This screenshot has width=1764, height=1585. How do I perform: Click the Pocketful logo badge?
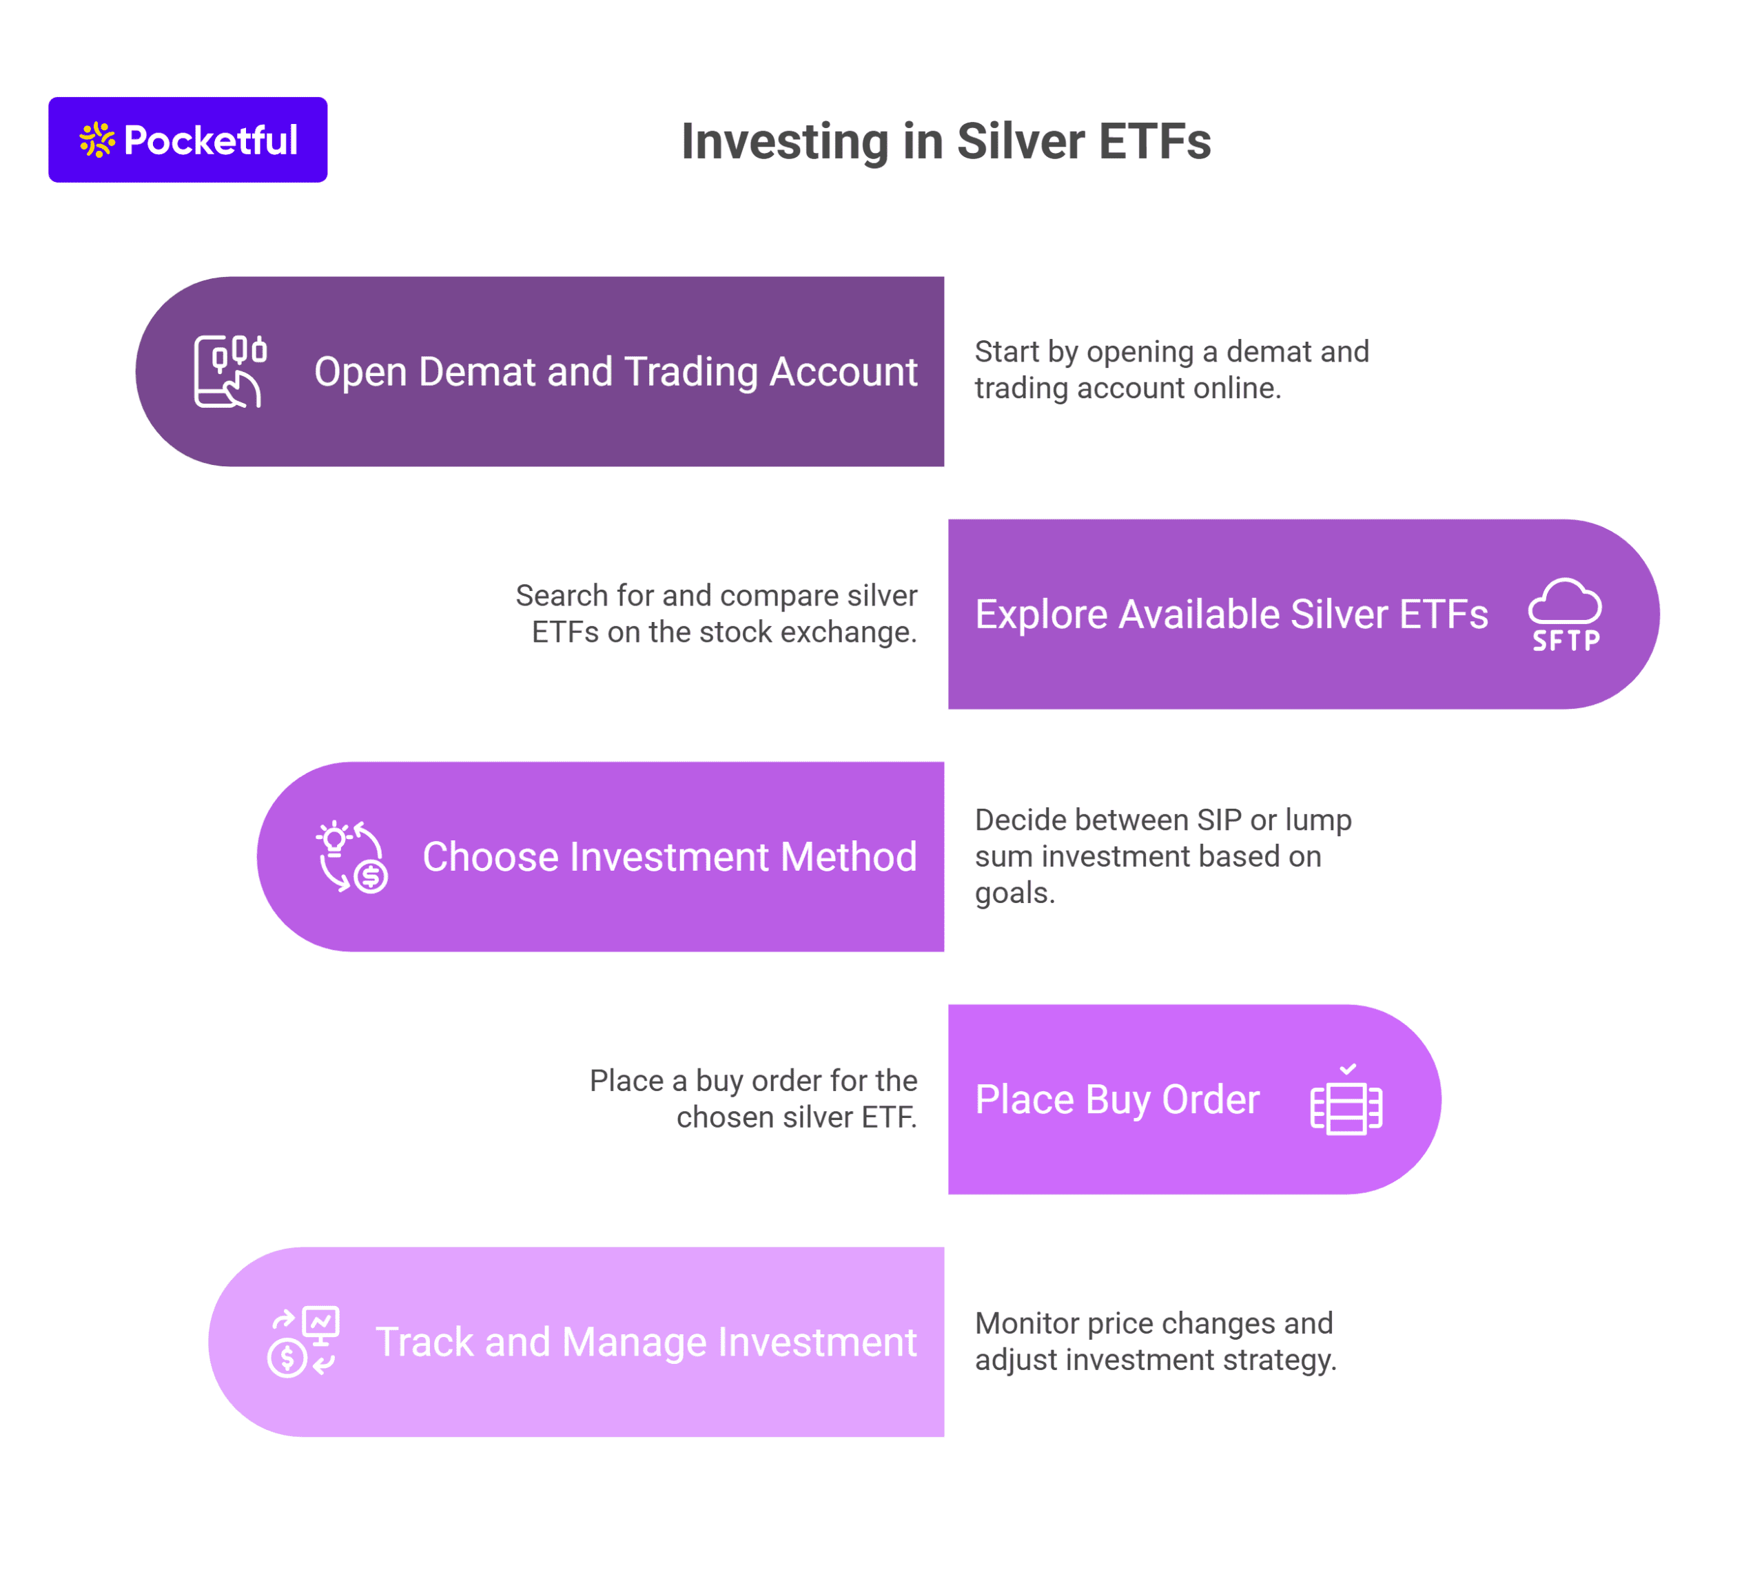pos(187,139)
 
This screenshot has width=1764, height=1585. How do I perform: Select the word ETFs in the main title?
pos(1154,141)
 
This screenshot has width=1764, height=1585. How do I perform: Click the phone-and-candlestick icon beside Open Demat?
pos(229,371)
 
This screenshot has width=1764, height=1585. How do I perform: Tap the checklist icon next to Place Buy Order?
pos(1346,1099)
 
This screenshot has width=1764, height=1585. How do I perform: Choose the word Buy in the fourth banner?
pos(1118,1100)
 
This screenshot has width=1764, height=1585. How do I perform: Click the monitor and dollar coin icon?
pos(303,1342)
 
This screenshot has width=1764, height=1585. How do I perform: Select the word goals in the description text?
pos(1015,894)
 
